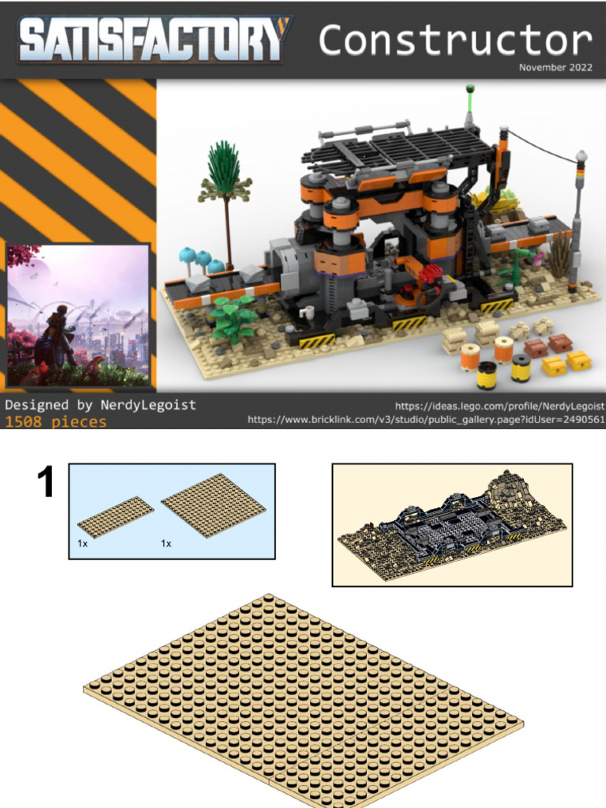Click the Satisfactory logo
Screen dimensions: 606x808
point(155,39)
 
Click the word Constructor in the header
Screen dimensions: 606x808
point(455,39)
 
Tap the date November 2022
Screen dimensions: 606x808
point(555,68)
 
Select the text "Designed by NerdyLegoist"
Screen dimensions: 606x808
point(100,405)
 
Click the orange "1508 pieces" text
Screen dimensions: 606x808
point(56,421)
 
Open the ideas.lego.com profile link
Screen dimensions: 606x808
point(499,406)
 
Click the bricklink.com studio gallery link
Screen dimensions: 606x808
point(425,420)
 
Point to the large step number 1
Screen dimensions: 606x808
point(47,482)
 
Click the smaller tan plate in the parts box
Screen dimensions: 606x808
point(115,517)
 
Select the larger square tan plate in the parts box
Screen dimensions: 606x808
point(213,506)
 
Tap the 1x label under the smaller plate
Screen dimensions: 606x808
point(82,543)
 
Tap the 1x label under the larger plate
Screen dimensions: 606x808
point(166,543)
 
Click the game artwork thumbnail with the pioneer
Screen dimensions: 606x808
point(78,316)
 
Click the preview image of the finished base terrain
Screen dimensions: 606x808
point(452,525)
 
